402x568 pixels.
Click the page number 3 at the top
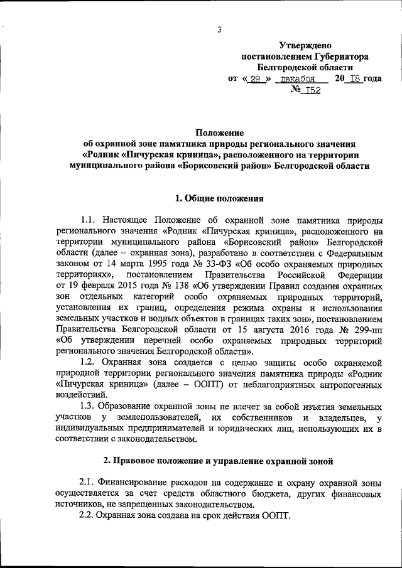(x=219, y=29)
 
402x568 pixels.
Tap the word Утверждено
(x=305, y=45)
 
